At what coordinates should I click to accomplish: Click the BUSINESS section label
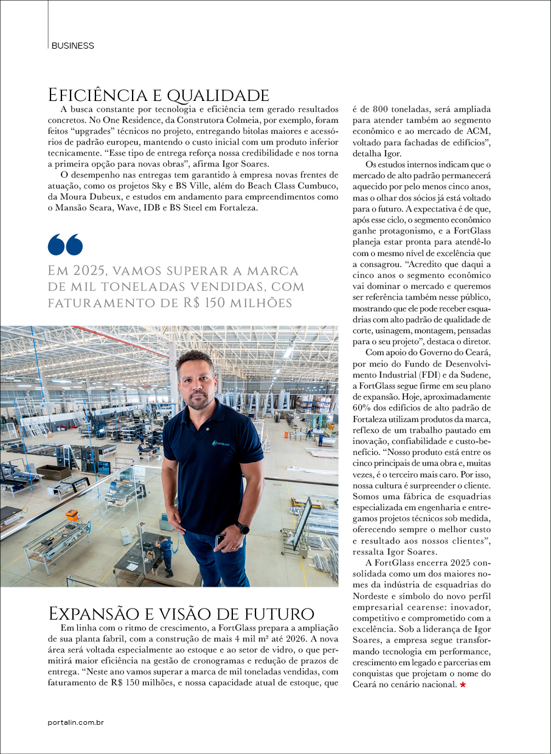[73, 46]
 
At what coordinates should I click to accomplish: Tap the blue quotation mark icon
[65, 244]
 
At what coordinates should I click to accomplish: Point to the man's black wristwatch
[243, 528]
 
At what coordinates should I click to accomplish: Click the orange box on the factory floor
[72, 515]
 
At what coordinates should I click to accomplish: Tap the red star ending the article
[463, 685]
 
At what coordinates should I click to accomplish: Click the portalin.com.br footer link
[76, 722]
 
